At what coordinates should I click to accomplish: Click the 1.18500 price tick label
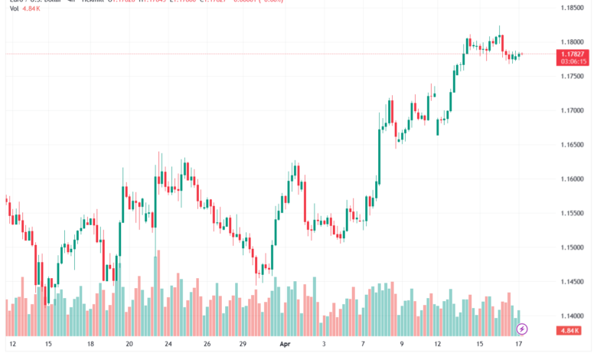[572, 8]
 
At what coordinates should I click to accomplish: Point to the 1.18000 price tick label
[572, 41]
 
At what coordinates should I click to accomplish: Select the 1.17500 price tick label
[572, 76]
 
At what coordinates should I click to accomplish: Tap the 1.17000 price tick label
[572, 110]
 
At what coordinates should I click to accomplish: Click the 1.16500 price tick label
[572, 145]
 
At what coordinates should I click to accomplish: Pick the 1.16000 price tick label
[572, 179]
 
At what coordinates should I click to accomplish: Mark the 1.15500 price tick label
[572, 213]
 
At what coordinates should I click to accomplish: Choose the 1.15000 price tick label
[572, 247]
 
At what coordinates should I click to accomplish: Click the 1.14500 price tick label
[572, 282]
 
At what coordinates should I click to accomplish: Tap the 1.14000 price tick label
[572, 316]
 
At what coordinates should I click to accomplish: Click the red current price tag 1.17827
[573, 54]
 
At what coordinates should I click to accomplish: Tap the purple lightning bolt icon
[523, 329]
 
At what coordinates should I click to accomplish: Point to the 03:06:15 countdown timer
[573, 61]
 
